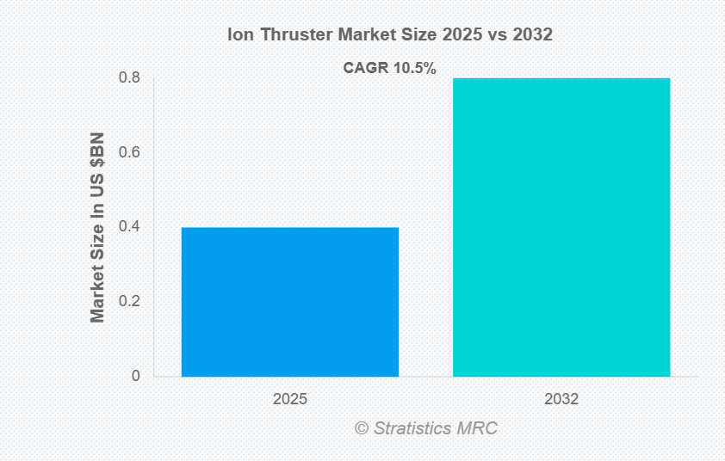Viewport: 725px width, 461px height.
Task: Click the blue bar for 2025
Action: [x=289, y=302]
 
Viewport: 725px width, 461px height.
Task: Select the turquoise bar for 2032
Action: [x=561, y=227]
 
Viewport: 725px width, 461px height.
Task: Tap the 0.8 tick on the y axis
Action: [x=130, y=77]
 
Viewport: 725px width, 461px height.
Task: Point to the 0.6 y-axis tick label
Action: [x=130, y=152]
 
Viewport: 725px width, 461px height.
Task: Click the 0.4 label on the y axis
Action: [x=130, y=227]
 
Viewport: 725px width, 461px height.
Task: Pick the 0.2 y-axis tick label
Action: [x=130, y=302]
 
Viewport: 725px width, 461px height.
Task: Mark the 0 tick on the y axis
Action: [x=136, y=376]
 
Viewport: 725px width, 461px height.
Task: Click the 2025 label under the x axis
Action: [x=289, y=400]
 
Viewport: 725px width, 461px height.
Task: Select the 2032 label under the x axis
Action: [x=561, y=400]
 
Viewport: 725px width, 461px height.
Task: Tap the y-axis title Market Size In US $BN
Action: [x=97, y=227]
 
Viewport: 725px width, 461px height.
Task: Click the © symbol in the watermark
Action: [x=362, y=427]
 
